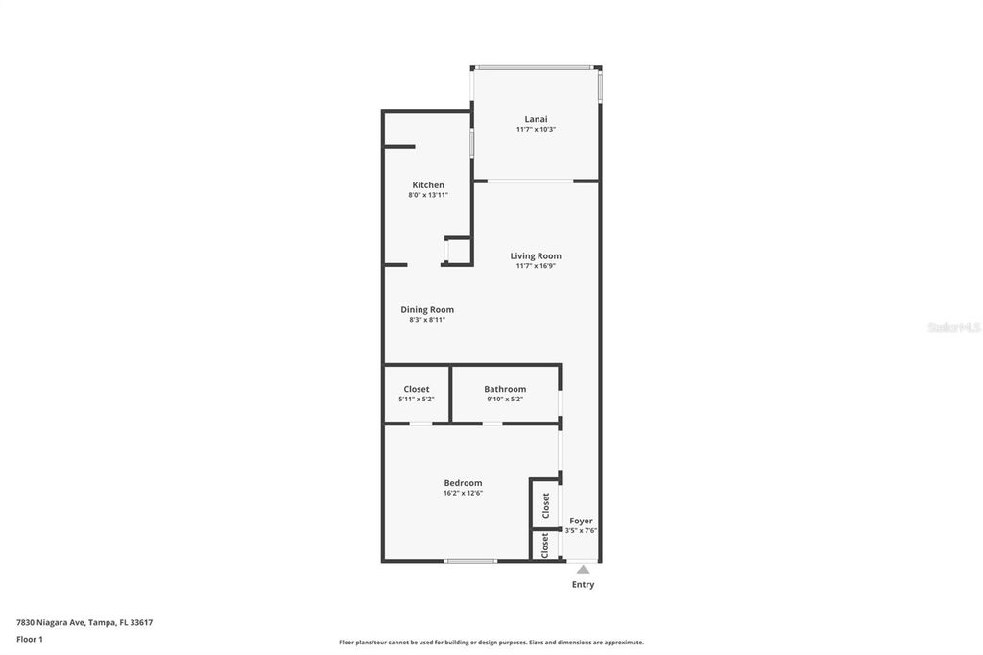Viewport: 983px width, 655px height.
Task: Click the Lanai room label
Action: [x=536, y=119]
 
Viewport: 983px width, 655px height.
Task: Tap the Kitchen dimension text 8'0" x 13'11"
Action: [x=428, y=195]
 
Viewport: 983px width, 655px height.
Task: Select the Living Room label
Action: [x=536, y=255]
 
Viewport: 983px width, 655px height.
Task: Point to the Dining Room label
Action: [x=427, y=309]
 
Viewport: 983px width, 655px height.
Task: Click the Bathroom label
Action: [x=505, y=389]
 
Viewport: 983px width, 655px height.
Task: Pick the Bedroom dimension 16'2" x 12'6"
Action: [x=463, y=493]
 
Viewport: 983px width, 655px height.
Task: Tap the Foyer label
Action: [x=581, y=521]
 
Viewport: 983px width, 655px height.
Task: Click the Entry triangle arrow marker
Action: [x=583, y=570]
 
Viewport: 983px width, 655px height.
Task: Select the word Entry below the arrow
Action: [x=583, y=584]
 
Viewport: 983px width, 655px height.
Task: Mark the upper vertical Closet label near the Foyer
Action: [x=545, y=504]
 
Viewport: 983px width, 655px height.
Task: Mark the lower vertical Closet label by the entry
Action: [x=545, y=546]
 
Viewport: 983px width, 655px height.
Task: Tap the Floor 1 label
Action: [x=30, y=639]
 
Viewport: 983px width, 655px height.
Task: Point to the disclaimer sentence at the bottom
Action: [x=491, y=643]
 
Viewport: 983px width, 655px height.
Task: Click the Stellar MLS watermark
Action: [x=953, y=327]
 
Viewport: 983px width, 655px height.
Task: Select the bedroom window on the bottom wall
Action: [x=469, y=561]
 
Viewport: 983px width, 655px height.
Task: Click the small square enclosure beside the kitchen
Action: [x=458, y=251]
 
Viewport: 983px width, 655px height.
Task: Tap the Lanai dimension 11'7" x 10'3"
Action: [x=536, y=129]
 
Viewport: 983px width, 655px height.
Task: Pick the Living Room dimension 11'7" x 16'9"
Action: [x=536, y=266]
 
